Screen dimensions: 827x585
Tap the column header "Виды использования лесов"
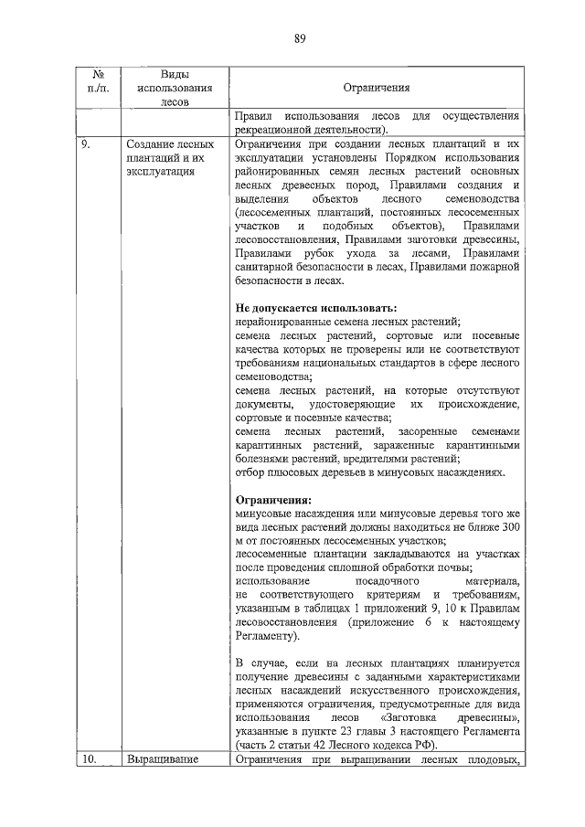[x=174, y=88]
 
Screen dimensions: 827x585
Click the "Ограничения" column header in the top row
[x=376, y=88]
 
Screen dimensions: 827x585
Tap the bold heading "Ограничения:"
[x=272, y=500]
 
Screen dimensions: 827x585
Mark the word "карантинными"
[x=482, y=445]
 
